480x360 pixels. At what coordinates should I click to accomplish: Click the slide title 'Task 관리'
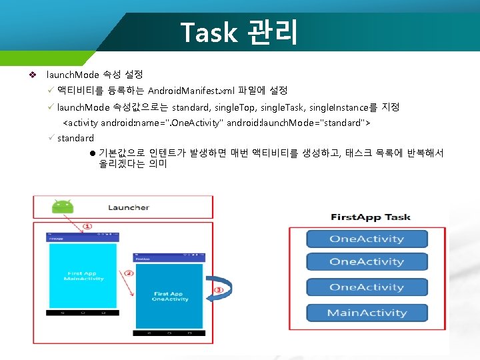(240, 32)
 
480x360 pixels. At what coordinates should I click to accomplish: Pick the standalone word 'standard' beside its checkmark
(75, 138)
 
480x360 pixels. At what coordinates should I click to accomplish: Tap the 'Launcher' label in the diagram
(129, 207)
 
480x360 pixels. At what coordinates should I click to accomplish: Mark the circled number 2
(129, 273)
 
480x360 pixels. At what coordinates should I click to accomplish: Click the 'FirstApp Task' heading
(370, 217)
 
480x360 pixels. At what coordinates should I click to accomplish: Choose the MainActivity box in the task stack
(367, 313)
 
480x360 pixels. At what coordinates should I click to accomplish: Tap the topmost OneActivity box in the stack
(367, 239)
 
